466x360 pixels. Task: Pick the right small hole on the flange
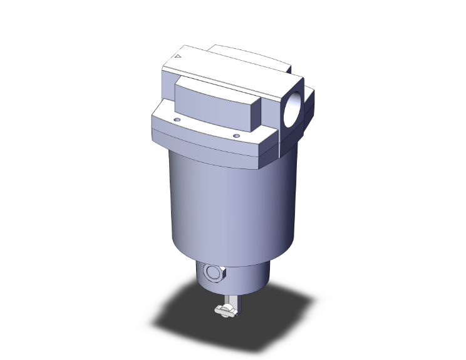pos(236,135)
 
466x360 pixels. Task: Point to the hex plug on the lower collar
pos(212,274)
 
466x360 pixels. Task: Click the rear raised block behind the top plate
pos(251,55)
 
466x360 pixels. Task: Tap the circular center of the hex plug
pos(212,274)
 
